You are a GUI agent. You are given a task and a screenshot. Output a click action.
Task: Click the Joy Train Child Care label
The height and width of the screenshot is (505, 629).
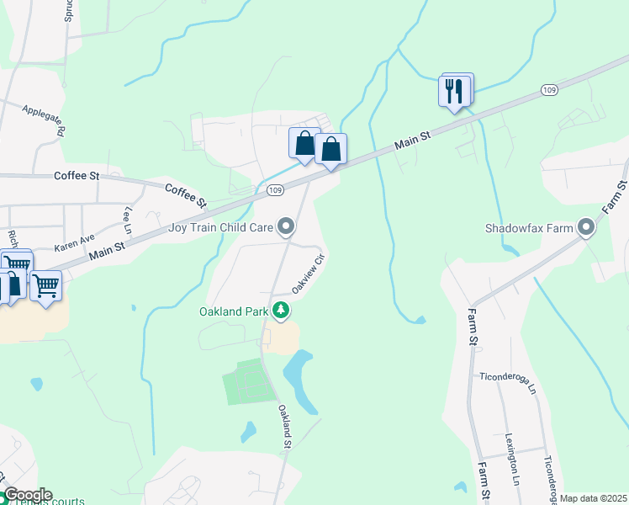[220, 227]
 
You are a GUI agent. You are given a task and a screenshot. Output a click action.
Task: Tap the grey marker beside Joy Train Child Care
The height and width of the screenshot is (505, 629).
[287, 226]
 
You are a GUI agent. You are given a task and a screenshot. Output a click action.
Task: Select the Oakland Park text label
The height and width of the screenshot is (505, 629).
[233, 311]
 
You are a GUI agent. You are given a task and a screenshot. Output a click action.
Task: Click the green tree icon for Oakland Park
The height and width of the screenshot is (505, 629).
[281, 311]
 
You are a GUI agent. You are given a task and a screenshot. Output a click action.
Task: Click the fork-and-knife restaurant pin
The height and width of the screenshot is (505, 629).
[455, 90]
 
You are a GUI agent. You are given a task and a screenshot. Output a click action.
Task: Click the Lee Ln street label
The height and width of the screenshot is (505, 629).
[129, 220]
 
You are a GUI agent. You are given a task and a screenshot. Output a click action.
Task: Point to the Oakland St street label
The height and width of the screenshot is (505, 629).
[285, 426]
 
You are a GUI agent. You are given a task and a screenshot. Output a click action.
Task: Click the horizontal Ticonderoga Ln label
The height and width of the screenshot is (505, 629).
[507, 384]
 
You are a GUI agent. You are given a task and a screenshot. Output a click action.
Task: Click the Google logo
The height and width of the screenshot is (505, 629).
[27, 495]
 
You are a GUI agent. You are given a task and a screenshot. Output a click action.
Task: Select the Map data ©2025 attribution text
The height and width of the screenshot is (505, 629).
[593, 498]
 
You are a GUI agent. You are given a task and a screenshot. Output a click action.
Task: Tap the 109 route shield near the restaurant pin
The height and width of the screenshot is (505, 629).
[548, 90]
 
